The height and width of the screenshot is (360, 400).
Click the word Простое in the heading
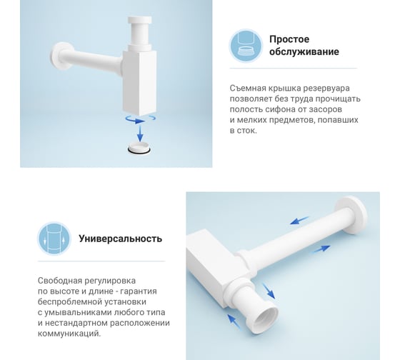tap(289, 39)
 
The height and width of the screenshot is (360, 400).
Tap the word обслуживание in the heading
tap(304, 52)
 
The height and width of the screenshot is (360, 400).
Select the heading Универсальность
tap(121, 239)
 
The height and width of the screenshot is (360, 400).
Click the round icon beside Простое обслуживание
tap(246, 46)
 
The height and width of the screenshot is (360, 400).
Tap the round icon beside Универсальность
tap(54, 239)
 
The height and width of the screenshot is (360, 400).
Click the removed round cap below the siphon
tap(139, 148)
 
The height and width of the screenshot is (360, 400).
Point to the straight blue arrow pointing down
tap(140, 134)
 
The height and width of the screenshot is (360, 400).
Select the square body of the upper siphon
tap(139, 82)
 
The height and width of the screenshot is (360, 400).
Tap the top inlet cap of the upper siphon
tap(140, 20)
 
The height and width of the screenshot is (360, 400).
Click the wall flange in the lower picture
tap(352, 214)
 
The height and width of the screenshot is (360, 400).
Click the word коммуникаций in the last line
tap(69, 334)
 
